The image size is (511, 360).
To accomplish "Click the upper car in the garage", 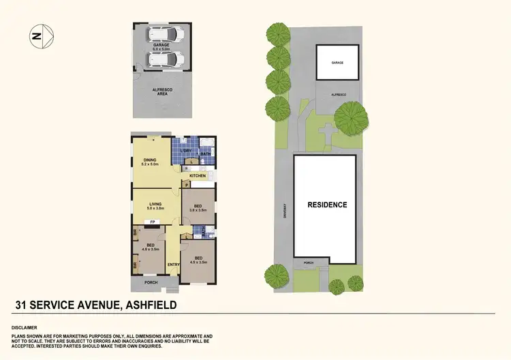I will pyautogui.click(x=166, y=34).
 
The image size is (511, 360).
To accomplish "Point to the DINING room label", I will pyautogui.click(x=150, y=160).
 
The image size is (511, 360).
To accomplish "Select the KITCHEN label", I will pyautogui.click(x=198, y=176).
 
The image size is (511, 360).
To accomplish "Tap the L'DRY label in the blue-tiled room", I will pyautogui.click(x=187, y=151).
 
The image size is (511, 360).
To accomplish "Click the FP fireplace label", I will pyautogui.click(x=153, y=222).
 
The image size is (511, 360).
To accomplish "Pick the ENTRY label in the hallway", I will pyautogui.click(x=173, y=265).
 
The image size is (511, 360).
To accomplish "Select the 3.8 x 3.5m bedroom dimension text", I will pyautogui.click(x=198, y=210).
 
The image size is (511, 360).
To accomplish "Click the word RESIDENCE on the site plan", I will pyautogui.click(x=327, y=205).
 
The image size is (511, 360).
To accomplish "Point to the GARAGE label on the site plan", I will pyautogui.click(x=337, y=62).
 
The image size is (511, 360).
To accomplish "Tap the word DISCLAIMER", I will pyautogui.click(x=25, y=327).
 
